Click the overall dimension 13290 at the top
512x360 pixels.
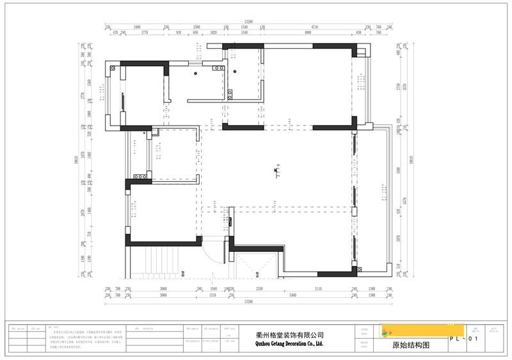coord(246,20)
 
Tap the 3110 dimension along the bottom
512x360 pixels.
coord(318,289)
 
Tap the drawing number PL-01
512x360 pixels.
coord(463,338)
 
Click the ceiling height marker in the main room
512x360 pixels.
coord(276,172)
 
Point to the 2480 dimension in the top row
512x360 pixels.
coord(137,27)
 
